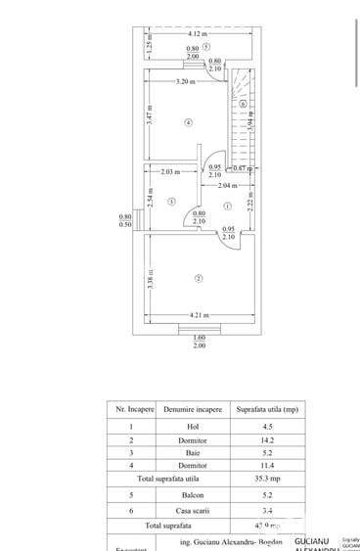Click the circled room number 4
[x=188, y=122]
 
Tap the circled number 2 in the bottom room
[x=199, y=279]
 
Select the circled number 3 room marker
[x=171, y=202]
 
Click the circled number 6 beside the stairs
[x=243, y=104]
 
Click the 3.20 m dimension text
[x=185, y=81]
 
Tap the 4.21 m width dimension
[x=199, y=315]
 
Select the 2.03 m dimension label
[x=170, y=172]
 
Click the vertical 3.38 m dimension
[x=150, y=280]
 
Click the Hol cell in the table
[x=193, y=426]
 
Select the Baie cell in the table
[x=193, y=453]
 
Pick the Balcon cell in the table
[x=193, y=495]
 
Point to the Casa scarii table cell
[x=193, y=509]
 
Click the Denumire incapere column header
[x=193, y=409]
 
